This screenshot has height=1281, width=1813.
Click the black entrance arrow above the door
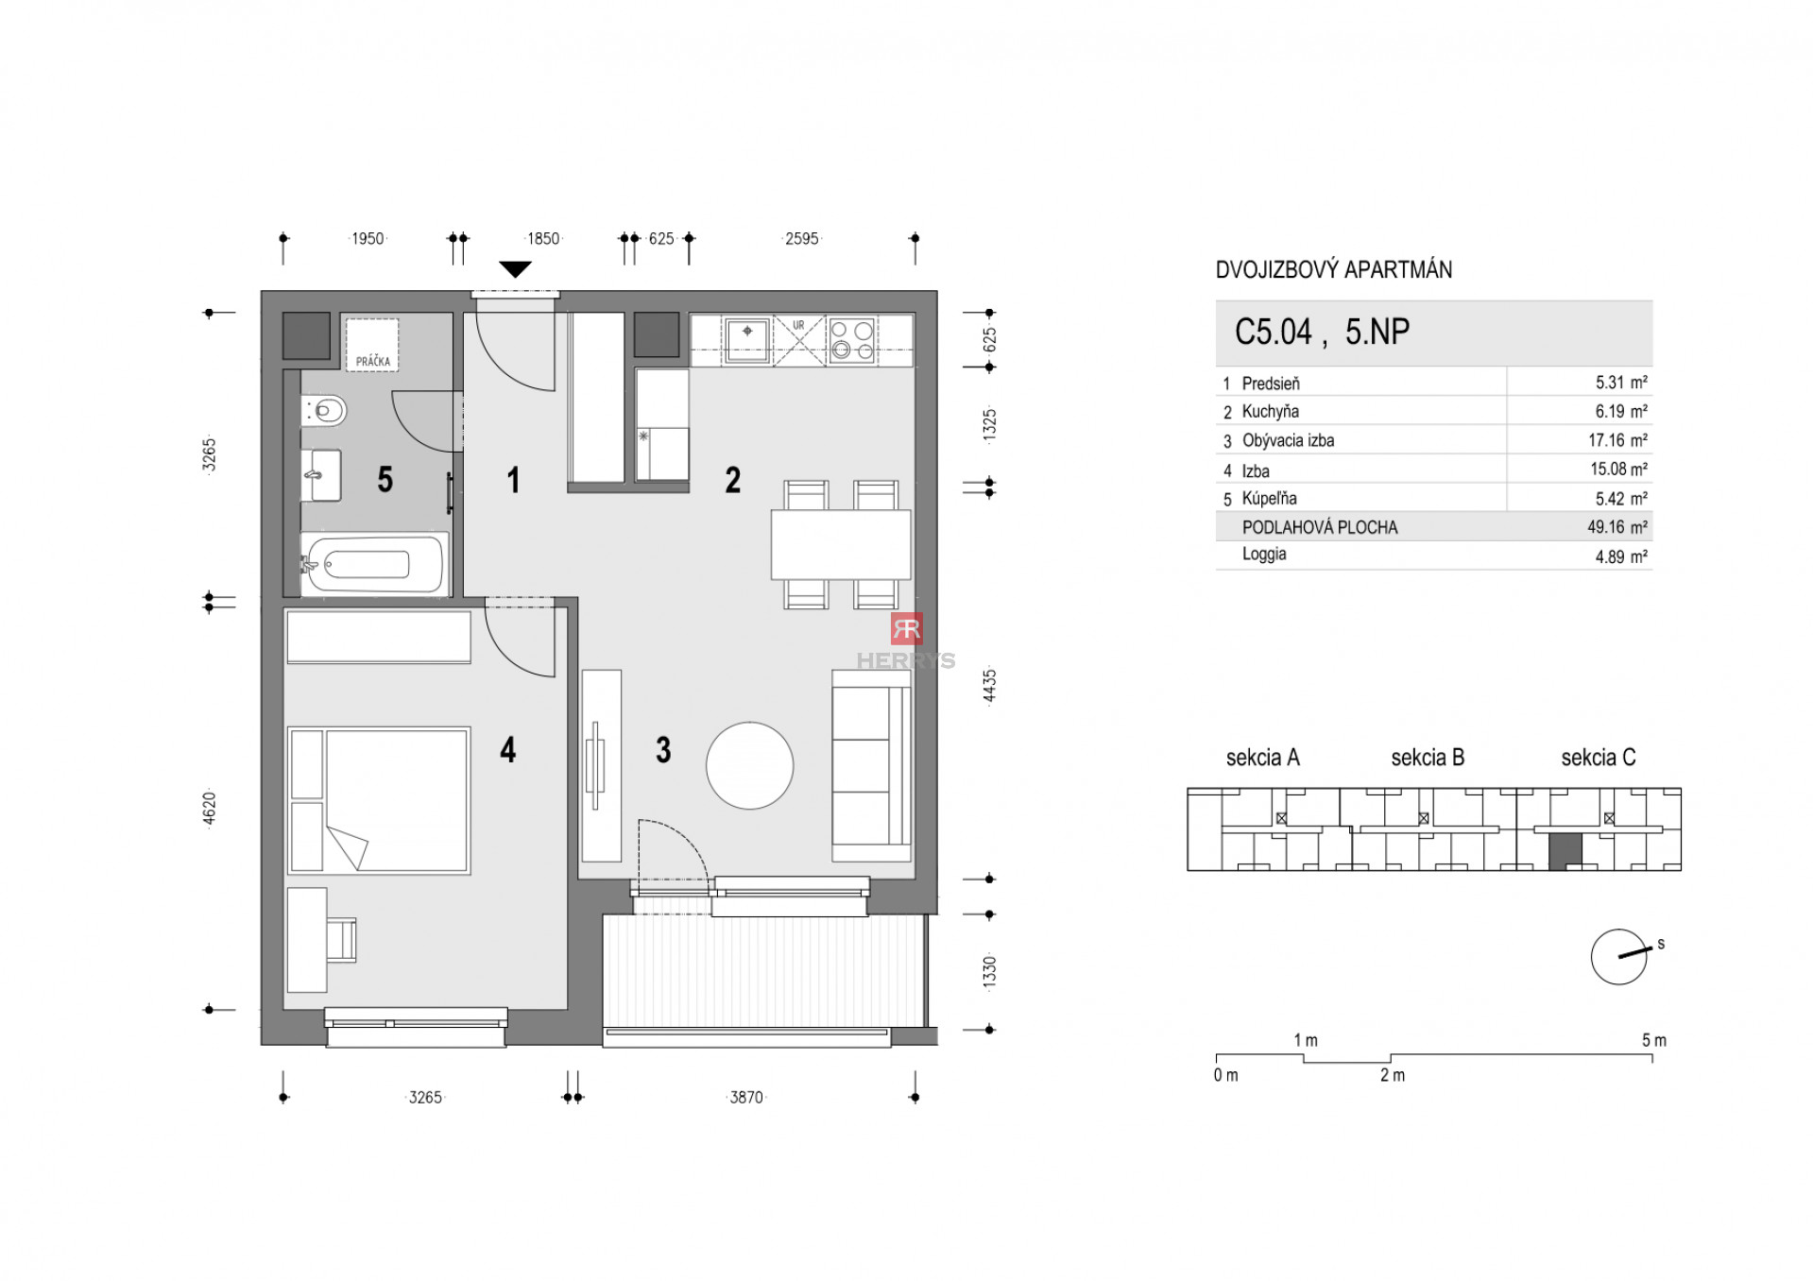point(515,269)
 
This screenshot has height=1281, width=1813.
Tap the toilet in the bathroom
point(326,411)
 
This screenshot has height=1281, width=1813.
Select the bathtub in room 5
point(374,565)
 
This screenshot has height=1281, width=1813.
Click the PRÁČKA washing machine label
point(373,361)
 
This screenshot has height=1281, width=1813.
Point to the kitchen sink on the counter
point(747,338)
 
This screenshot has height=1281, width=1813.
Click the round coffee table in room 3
point(749,765)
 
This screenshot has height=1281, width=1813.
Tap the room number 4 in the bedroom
point(507,750)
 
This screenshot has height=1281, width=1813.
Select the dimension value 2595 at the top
point(801,239)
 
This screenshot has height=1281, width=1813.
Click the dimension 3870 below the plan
point(745,1097)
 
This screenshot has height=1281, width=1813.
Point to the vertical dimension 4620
point(210,809)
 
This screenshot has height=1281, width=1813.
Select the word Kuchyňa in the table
point(1270,412)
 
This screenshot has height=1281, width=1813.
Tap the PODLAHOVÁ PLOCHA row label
point(1319,528)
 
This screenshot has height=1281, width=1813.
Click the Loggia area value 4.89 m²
point(1620,557)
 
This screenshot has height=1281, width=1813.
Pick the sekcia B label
point(1427,758)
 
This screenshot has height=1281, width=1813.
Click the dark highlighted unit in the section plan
point(1565,852)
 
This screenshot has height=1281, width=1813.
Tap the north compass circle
point(1617,957)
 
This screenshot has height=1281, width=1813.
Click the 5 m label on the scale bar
point(1653,1040)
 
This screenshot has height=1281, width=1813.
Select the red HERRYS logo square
point(906,628)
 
